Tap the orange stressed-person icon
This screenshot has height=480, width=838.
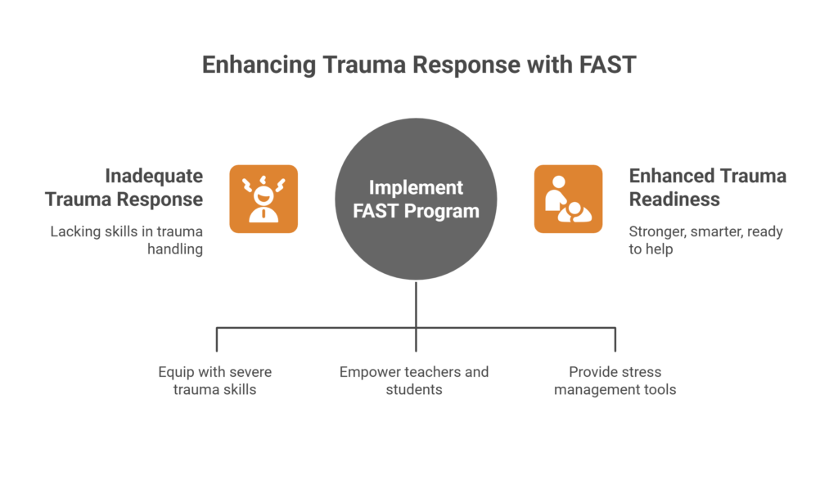(x=263, y=198)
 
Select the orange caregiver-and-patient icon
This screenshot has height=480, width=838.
(x=569, y=198)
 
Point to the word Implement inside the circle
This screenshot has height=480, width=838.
(x=416, y=186)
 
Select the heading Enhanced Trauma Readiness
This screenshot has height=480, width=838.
(x=707, y=187)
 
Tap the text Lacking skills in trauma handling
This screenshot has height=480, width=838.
(x=127, y=240)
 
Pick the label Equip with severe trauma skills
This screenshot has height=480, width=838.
(x=215, y=380)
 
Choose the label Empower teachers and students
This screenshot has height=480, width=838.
(x=414, y=380)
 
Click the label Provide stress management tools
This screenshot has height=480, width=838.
(x=615, y=380)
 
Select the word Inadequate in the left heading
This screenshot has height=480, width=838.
(x=154, y=176)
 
